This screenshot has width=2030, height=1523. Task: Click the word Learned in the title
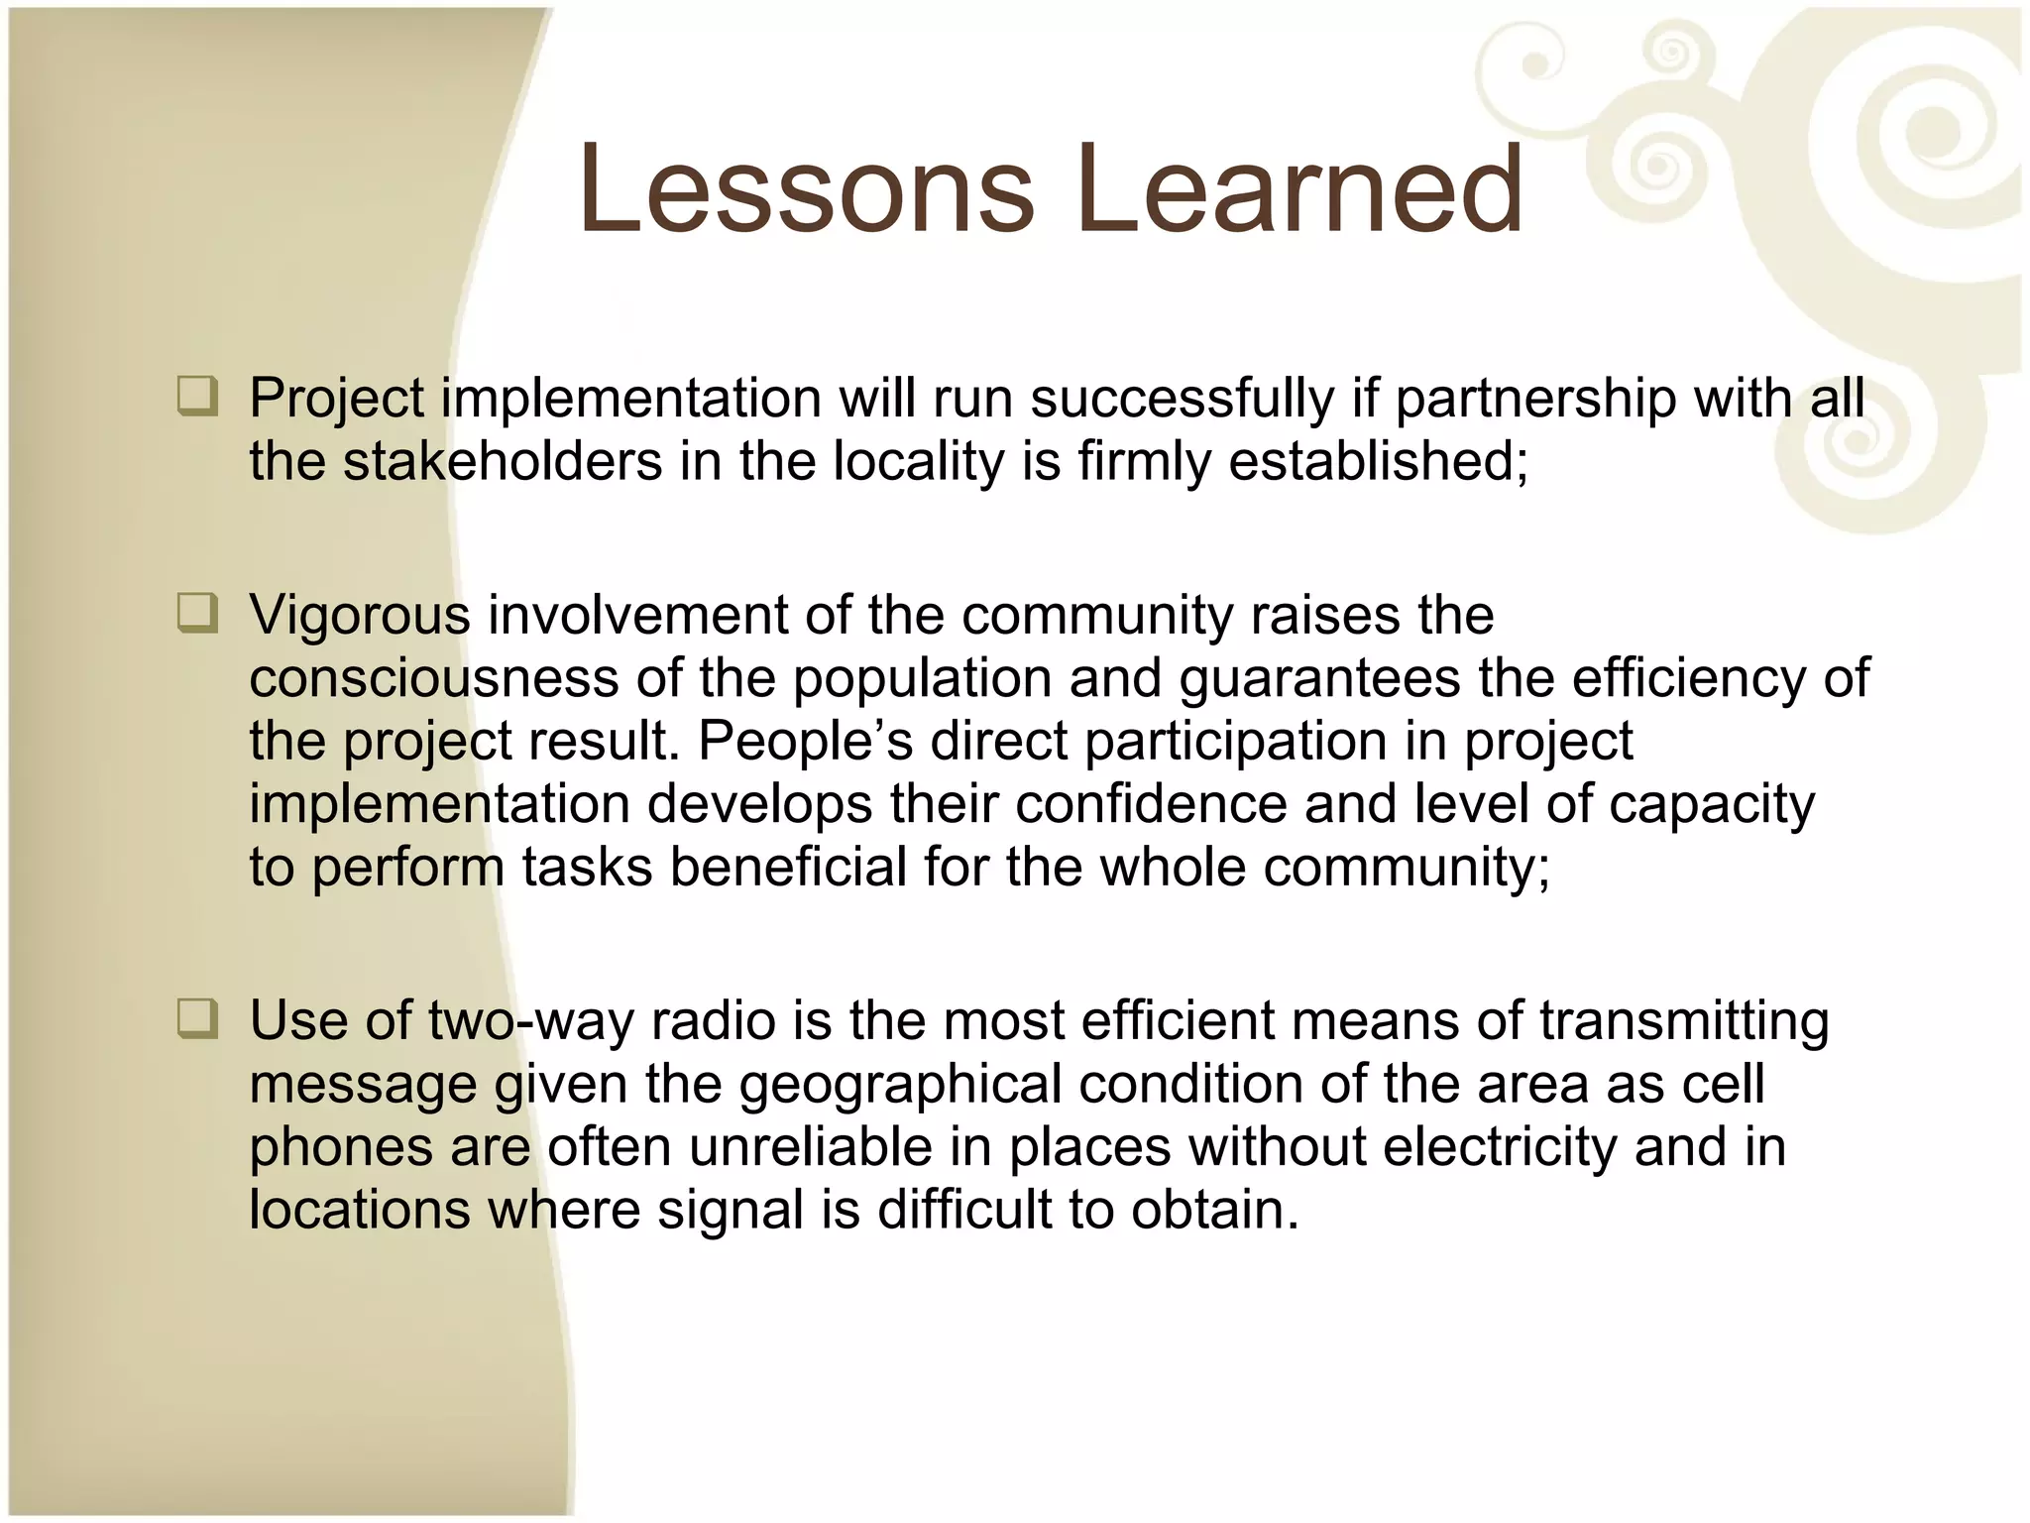click(1299, 190)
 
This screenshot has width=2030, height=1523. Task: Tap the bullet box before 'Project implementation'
click(196, 398)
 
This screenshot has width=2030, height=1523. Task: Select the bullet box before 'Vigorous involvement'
click(196, 614)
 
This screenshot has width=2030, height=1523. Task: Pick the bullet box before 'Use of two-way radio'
click(196, 1019)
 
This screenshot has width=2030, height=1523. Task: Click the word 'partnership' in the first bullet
click(1535, 401)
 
